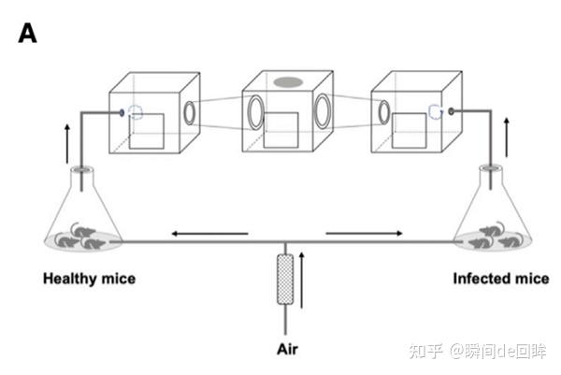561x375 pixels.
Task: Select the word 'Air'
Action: [x=286, y=350]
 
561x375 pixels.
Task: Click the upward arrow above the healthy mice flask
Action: [x=66, y=141]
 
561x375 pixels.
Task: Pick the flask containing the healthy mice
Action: [x=83, y=220]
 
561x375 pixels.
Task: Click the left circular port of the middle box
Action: [x=255, y=116]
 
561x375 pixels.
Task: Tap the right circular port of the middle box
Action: [x=323, y=112]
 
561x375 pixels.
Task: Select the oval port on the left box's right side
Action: [x=190, y=113]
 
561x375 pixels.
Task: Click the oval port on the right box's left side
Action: [x=384, y=113]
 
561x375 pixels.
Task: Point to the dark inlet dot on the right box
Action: [x=452, y=110]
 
